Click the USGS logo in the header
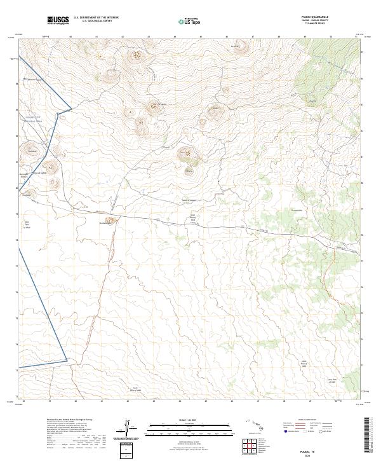[x=57, y=21]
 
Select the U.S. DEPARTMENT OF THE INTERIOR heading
[x=97, y=18]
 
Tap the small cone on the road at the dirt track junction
[x=109, y=222]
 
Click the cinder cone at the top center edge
[x=239, y=46]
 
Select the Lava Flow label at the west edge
[x=27, y=230]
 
